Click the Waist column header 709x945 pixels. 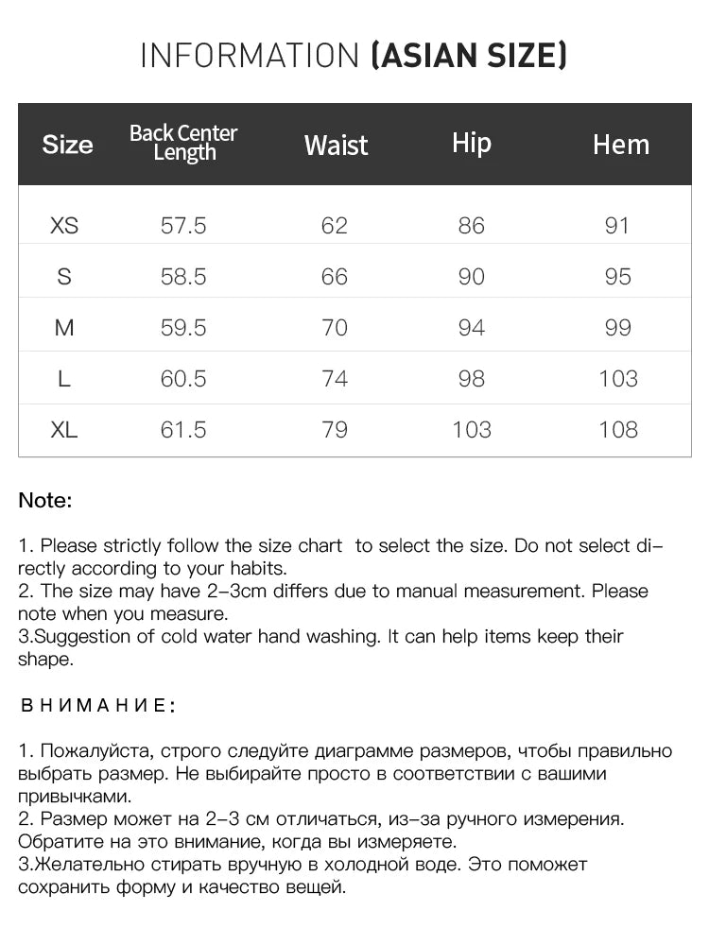pyautogui.click(x=336, y=146)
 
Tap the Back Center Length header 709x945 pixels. pyautogui.click(x=183, y=143)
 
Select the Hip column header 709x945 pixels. pyautogui.click(x=472, y=143)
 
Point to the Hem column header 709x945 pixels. pyautogui.click(x=621, y=145)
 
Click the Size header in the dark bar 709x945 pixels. pyautogui.click(x=68, y=145)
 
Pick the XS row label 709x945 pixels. pyautogui.click(x=64, y=226)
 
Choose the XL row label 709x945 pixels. pyautogui.click(x=64, y=430)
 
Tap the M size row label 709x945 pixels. pyautogui.click(x=64, y=328)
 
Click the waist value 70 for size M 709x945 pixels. pyautogui.click(x=335, y=328)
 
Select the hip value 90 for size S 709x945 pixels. pyautogui.click(x=471, y=277)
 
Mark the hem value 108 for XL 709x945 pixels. pyautogui.click(x=618, y=430)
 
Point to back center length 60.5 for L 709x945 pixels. pyautogui.click(x=183, y=379)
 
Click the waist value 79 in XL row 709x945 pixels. pyautogui.click(x=335, y=430)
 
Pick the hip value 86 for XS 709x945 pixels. pyautogui.click(x=471, y=226)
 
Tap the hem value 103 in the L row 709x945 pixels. pyautogui.click(x=618, y=379)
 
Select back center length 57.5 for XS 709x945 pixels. pyautogui.click(x=183, y=226)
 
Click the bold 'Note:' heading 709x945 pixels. pyautogui.click(x=45, y=501)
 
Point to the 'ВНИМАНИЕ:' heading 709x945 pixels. pyautogui.click(x=97, y=706)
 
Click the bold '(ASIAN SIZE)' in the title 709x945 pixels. pyautogui.click(x=469, y=56)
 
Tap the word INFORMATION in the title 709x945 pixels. pyautogui.click(x=250, y=56)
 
